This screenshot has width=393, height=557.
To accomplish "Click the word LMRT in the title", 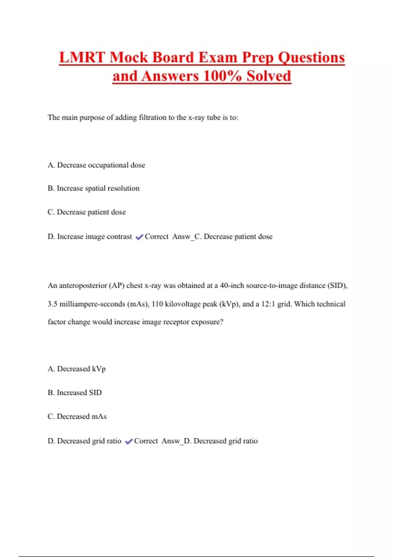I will pos(82,58).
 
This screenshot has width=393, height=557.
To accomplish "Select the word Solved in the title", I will pos(269,76).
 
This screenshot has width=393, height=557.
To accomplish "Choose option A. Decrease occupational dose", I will pos(96,165).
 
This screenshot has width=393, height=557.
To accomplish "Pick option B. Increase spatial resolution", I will pos(93,188).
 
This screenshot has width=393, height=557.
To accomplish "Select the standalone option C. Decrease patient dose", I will pos(86,212).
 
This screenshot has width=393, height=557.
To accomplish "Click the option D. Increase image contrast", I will pos(90,237).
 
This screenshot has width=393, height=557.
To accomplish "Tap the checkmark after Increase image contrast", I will pos(139,237).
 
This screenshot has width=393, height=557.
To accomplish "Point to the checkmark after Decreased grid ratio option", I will pos(129,441).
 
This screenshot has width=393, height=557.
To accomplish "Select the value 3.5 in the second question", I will pos(52,304).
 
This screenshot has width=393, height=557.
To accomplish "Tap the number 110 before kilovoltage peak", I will pos(157,304).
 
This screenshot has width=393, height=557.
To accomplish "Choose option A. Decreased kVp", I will pos(77,369).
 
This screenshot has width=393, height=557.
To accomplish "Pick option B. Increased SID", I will pos(75,393).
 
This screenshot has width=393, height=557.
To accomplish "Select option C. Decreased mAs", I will pos(77,416).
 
